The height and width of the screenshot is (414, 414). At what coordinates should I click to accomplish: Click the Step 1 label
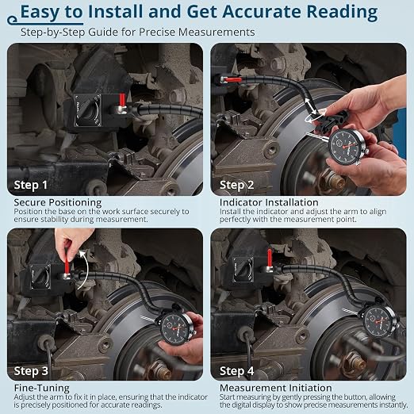[x=31, y=185]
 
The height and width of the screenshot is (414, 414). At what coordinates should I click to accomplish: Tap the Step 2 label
[x=236, y=185]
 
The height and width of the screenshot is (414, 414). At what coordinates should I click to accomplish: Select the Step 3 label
[x=31, y=371]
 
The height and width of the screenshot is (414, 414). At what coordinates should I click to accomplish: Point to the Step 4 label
[x=236, y=371]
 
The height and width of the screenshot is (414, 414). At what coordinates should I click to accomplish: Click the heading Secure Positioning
[x=58, y=202]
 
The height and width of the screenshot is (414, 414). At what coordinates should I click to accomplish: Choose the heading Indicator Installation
[x=269, y=202]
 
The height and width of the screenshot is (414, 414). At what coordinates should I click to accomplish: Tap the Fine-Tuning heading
[x=42, y=388]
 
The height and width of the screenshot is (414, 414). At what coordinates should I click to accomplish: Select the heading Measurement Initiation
[x=276, y=388]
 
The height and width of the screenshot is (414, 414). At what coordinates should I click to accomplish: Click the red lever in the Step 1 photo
[x=122, y=100]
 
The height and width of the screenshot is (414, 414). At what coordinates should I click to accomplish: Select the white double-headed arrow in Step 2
[x=311, y=106]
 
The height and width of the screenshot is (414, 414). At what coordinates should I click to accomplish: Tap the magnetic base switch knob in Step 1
[x=88, y=110]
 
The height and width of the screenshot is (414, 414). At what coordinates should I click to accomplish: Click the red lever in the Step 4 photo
[x=270, y=258]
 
